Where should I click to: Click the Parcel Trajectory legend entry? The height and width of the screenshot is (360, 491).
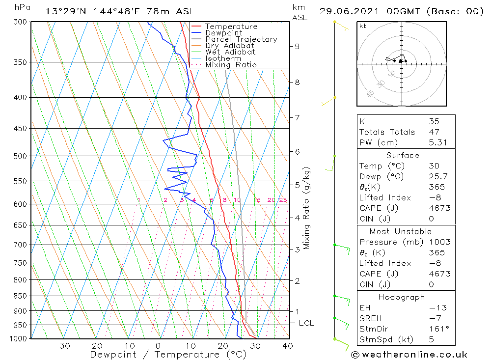coord(241,39)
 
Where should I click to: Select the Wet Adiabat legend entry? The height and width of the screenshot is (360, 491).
coord(230,52)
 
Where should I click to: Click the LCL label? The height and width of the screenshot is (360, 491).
coord(306,323)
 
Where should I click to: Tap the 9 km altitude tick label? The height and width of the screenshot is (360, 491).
coord(297,46)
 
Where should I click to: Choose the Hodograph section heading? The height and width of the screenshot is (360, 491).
coord(402,297)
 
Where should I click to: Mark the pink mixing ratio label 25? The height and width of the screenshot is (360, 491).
coord(283,200)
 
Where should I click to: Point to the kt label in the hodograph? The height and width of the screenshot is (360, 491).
coord(363,26)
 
